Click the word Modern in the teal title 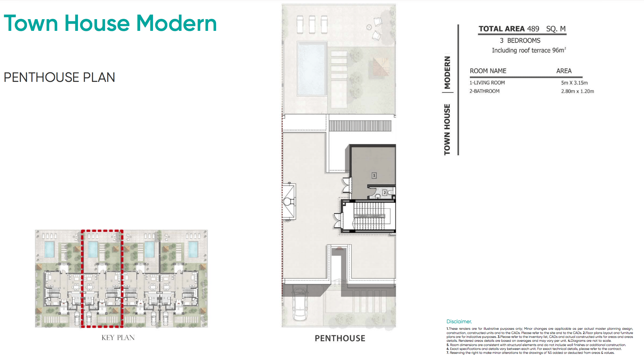click(176, 23)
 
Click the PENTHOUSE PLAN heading click(59, 77)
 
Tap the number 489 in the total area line click(533, 29)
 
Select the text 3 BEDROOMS click(520, 41)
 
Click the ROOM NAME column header click(488, 71)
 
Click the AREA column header click(564, 71)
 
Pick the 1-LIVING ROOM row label click(487, 83)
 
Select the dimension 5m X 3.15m click(574, 83)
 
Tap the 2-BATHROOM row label click(484, 91)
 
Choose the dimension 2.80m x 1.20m click(577, 91)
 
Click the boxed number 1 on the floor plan click(374, 175)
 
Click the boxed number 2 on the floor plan click(385, 193)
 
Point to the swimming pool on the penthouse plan click(312, 69)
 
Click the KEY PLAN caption click(118, 338)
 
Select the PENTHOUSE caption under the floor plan click(340, 338)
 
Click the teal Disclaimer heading click(459, 321)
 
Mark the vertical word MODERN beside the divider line click(447, 72)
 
